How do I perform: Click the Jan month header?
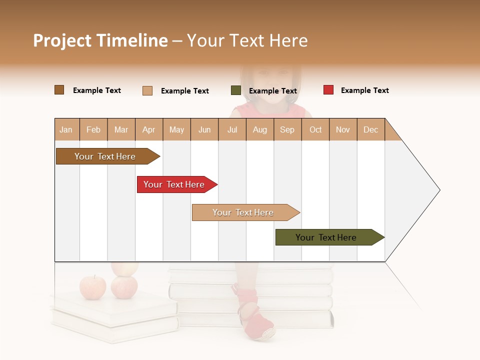(x=66, y=129)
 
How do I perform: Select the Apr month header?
(x=148, y=129)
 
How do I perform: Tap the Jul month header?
(x=232, y=129)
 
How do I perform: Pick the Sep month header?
(x=287, y=129)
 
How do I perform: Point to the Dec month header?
(x=370, y=129)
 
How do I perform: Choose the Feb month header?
(x=93, y=129)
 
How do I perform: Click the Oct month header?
(x=315, y=129)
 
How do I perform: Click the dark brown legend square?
(x=59, y=90)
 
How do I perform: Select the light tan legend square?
(x=147, y=90)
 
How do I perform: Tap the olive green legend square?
(x=236, y=90)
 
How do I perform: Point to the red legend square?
(x=328, y=90)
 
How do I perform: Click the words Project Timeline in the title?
(x=100, y=40)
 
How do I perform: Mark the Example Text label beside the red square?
(x=364, y=90)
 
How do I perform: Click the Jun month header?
(x=204, y=129)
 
